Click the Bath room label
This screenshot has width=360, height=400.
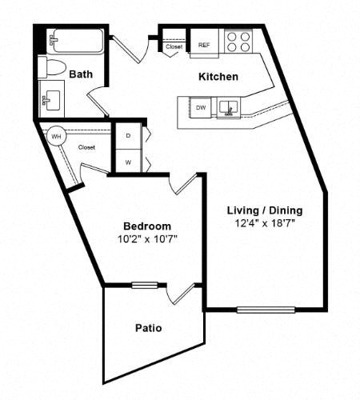tap(81, 74)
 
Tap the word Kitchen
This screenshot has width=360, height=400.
tap(218, 77)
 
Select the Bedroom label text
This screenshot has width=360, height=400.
tap(147, 226)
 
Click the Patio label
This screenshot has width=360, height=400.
tap(149, 328)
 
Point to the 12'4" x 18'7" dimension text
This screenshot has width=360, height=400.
tap(265, 222)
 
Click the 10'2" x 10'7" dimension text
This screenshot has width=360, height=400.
tap(147, 239)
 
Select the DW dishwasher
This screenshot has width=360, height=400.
tap(201, 107)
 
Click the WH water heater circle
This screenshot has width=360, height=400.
tap(56, 137)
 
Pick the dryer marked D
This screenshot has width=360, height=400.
tap(128, 136)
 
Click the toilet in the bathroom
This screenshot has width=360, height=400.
tap(52, 67)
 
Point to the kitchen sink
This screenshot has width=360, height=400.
tap(229, 107)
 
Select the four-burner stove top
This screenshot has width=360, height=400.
tap(238, 42)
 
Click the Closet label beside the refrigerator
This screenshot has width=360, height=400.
tap(174, 46)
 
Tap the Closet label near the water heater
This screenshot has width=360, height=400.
tap(86, 147)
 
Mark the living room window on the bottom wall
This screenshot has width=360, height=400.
tap(266, 310)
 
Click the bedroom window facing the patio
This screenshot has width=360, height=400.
tap(145, 285)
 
